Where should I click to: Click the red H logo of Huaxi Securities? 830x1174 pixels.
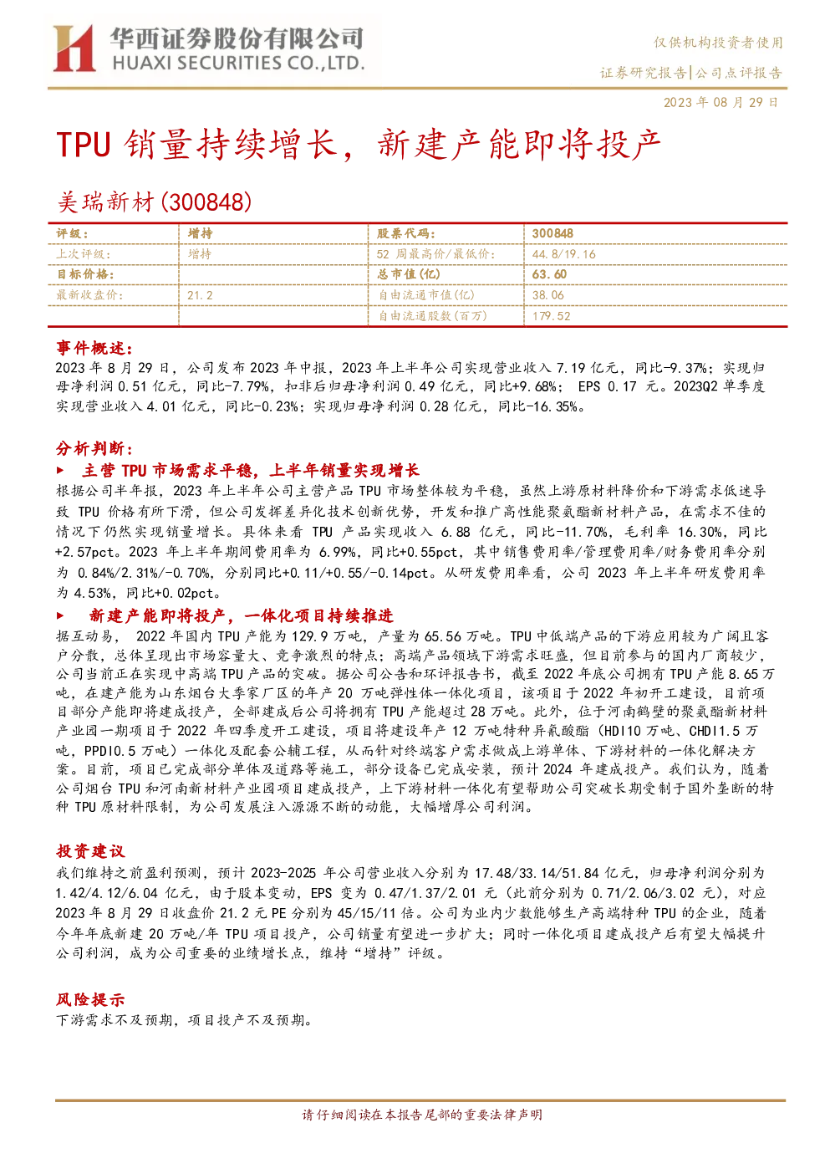click(x=74, y=48)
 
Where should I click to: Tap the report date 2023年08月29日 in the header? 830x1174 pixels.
click(x=721, y=102)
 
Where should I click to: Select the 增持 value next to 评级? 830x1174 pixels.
click(x=200, y=233)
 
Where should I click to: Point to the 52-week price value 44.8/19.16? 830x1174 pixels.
click(x=564, y=254)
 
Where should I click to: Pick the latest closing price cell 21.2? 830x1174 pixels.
click(x=200, y=296)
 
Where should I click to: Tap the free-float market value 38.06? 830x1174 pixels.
click(x=548, y=295)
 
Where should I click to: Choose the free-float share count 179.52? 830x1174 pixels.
click(x=551, y=316)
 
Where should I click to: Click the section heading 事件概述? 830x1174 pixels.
click(x=94, y=348)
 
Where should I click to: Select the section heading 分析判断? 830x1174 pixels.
click(x=94, y=448)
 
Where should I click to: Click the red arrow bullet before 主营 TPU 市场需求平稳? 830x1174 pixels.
click(x=60, y=470)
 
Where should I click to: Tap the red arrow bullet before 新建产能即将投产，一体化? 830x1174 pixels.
click(x=60, y=615)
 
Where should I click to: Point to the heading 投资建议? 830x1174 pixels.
click(x=90, y=850)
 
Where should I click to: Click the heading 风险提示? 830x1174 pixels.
click(x=90, y=999)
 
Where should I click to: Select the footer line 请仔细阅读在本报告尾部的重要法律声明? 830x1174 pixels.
click(x=422, y=1115)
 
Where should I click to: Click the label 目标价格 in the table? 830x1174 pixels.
click(x=85, y=274)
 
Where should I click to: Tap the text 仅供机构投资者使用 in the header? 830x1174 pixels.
click(x=718, y=43)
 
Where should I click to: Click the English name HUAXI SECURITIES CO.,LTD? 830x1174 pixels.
click(x=238, y=64)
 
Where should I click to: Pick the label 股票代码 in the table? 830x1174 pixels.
click(x=405, y=233)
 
